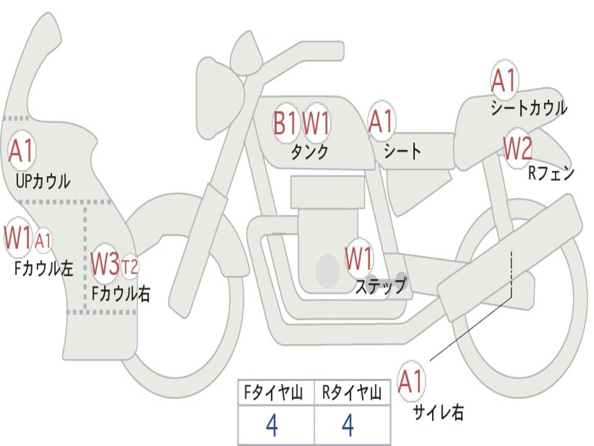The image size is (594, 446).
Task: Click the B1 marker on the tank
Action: click(x=285, y=123)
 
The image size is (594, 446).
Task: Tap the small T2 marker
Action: click(x=130, y=267)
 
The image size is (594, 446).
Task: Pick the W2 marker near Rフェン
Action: click(x=517, y=149)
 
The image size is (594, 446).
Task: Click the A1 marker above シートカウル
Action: click(x=504, y=81)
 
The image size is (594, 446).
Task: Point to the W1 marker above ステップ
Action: click(x=359, y=258)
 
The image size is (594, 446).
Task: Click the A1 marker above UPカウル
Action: click(x=22, y=151)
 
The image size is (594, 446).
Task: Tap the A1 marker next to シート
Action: click(x=381, y=121)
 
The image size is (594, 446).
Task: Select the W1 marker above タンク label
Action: click(x=317, y=123)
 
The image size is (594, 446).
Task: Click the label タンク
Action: click(x=309, y=152)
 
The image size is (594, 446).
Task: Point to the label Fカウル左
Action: click(x=44, y=268)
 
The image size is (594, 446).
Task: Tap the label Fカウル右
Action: click(x=121, y=293)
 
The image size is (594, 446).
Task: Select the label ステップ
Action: click(x=381, y=286)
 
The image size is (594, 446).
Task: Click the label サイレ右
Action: click(x=438, y=412)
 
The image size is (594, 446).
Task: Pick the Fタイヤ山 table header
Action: click(x=275, y=394)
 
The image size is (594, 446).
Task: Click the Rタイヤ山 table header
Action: click(x=352, y=394)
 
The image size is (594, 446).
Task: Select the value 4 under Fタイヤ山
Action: click(x=271, y=426)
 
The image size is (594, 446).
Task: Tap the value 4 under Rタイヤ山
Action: click(x=347, y=426)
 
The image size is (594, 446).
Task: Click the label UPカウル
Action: click(x=43, y=181)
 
